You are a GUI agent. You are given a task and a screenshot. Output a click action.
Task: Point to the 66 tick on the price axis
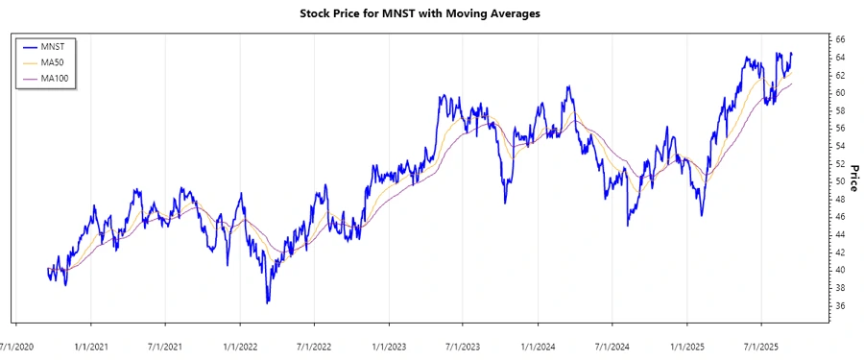[839, 39]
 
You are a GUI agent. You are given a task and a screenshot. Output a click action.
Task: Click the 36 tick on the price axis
[839, 305]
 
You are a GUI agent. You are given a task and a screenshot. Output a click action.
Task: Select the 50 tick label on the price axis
[839, 181]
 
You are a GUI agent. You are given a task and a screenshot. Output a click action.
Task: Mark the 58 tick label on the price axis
[839, 110]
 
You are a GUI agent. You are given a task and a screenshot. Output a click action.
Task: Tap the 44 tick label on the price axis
[839, 234]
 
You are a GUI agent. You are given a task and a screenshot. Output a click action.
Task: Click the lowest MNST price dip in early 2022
[268, 302]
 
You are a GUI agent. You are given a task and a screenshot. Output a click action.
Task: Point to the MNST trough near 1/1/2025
[702, 215]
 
